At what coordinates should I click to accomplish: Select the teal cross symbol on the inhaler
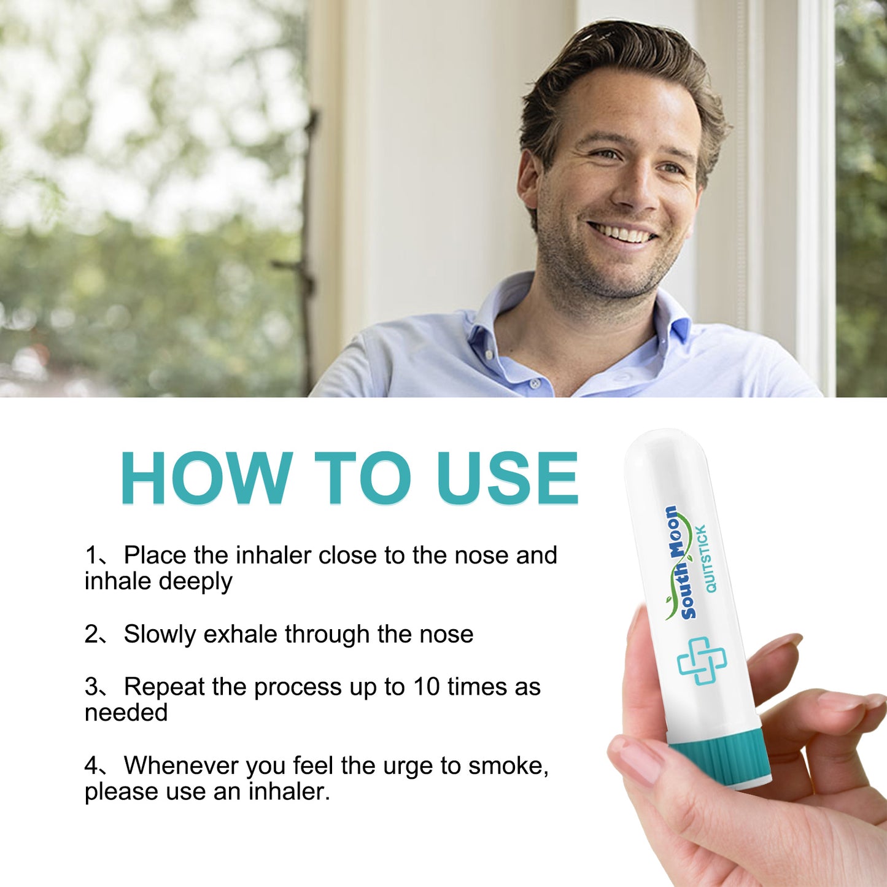(702, 660)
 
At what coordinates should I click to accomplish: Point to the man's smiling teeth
(621, 233)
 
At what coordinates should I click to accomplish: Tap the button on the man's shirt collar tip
(489, 355)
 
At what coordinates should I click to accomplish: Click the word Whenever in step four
(181, 765)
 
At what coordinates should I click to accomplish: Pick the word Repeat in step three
(164, 686)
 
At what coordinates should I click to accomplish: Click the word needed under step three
(126, 713)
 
